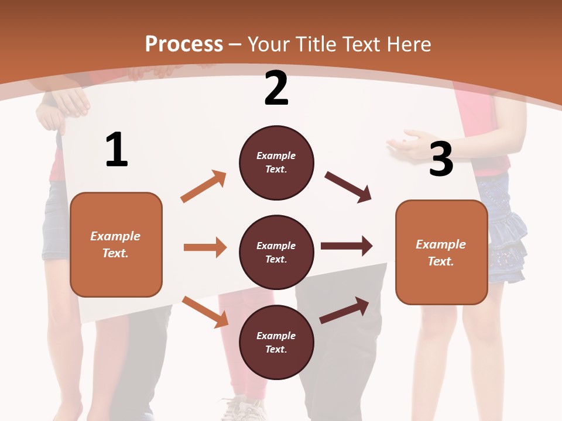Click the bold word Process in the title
[x=184, y=44]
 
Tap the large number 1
[x=116, y=150]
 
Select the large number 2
[x=276, y=88]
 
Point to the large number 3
[x=441, y=159]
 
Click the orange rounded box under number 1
[x=116, y=244]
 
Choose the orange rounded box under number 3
[x=441, y=252]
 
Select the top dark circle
[x=276, y=163]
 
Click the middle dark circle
[x=276, y=252]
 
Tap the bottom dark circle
[x=276, y=342]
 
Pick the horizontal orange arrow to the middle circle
[x=205, y=247]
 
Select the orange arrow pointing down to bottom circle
[x=205, y=312]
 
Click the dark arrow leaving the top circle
[x=348, y=187]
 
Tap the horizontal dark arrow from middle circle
[x=346, y=246]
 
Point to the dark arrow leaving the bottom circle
[x=345, y=310]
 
